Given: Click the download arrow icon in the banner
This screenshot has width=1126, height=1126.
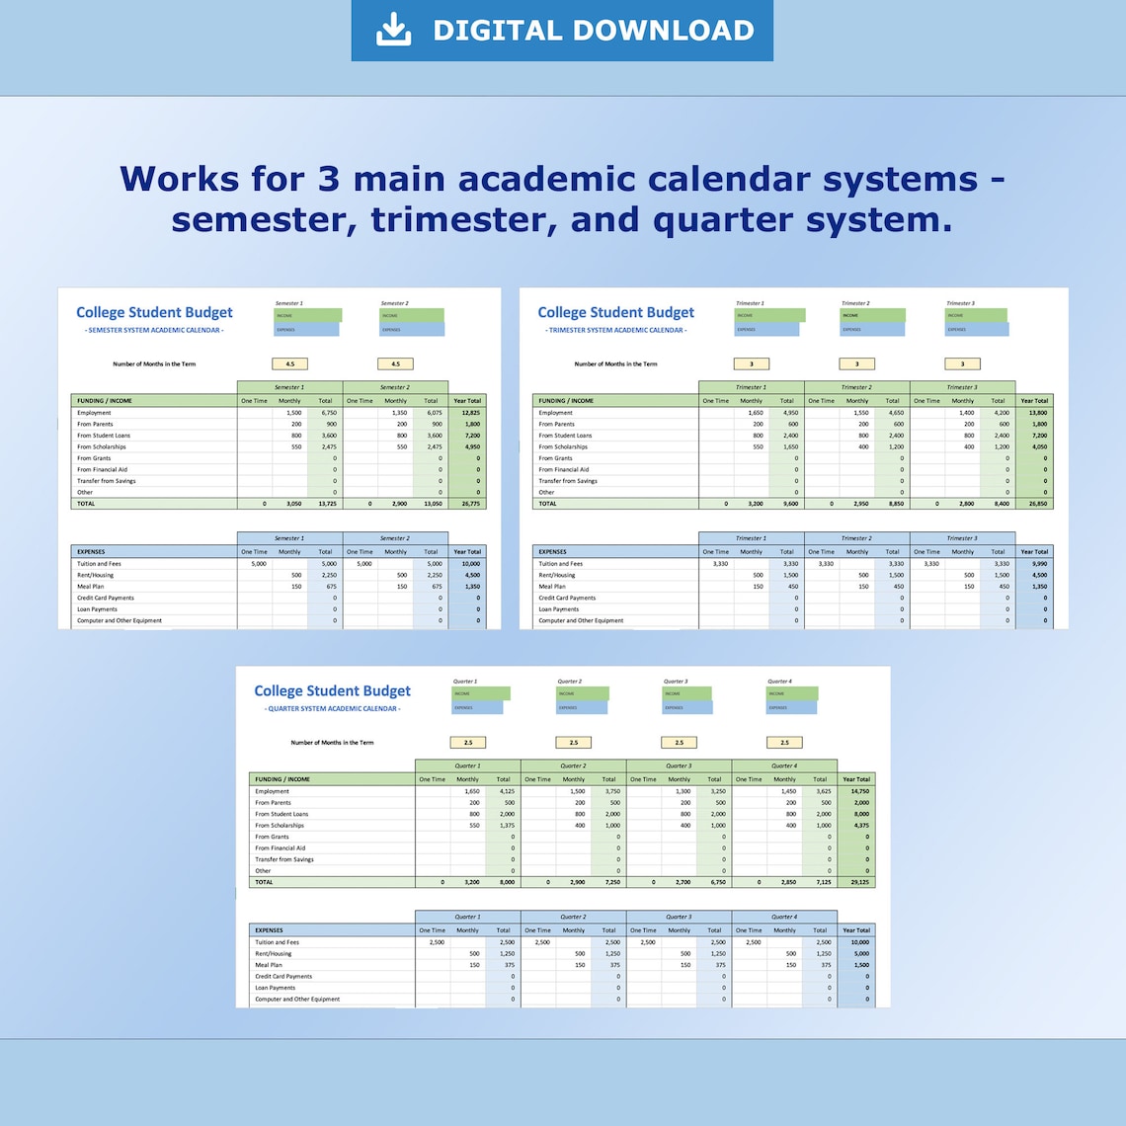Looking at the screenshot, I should tap(393, 30).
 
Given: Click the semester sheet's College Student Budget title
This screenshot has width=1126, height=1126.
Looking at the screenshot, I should tap(154, 312).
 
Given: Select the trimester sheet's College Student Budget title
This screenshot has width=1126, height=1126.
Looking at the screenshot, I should tap(615, 312).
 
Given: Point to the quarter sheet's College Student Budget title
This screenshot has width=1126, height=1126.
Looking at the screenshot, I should tap(332, 690).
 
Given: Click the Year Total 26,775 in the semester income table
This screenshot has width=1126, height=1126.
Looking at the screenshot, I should tap(467, 504).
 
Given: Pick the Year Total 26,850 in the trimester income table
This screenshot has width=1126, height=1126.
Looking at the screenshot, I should tap(1035, 504).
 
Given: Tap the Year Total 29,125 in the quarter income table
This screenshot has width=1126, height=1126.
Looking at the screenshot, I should tap(856, 882).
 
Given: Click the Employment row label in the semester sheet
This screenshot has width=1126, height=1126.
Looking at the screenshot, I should tap(94, 413).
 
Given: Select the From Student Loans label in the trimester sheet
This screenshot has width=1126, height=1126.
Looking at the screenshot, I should tap(565, 436).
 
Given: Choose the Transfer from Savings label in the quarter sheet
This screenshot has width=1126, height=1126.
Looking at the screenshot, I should tap(283, 859).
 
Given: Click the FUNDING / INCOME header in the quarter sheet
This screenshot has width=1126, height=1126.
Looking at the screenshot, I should tap(282, 779).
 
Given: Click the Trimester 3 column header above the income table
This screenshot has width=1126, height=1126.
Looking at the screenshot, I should tap(961, 387).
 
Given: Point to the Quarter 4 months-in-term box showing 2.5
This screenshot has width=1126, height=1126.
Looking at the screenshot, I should tap(784, 743).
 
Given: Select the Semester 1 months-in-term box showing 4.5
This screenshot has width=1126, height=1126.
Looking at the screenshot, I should tap(289, 364).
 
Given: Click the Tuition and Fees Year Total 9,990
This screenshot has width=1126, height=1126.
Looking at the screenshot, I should tap(1035, 564).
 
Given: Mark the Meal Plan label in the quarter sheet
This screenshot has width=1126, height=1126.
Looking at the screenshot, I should tap(268, 965).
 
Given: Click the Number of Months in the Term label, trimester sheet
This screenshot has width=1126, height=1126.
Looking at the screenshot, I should tap(615, 364).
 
